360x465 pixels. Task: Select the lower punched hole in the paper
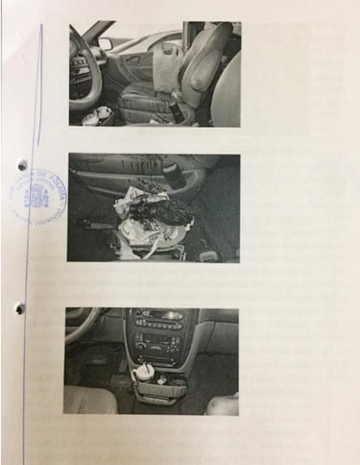pos(18,308)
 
